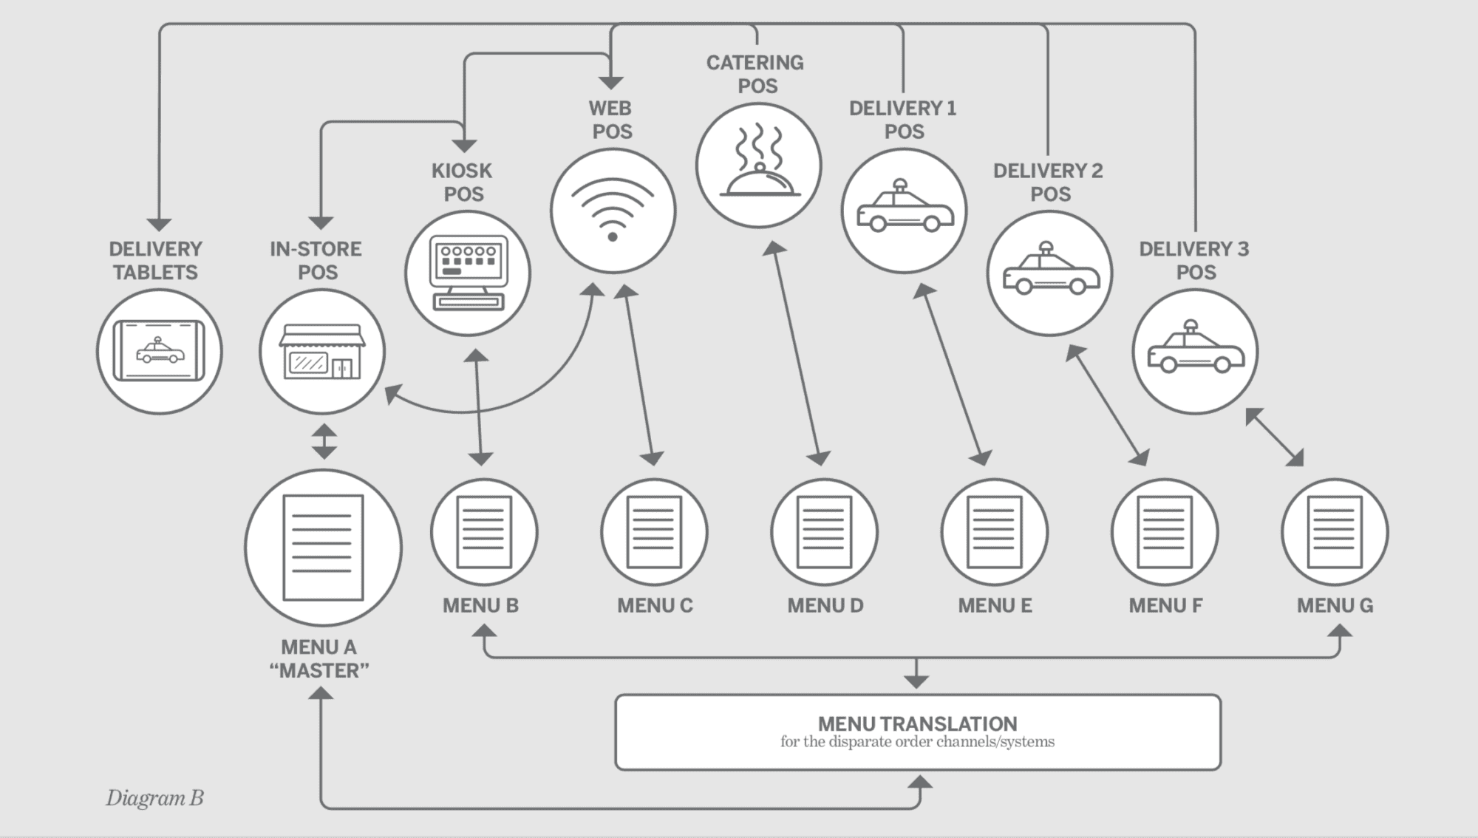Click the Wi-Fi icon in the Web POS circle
[x=613, y=211]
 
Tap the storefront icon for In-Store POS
[x=322, y=352]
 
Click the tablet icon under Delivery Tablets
[x=159, y=351]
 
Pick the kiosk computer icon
[x=468, y=273]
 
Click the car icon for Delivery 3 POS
[x=1195, y=351]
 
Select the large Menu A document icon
[x=324, y=548]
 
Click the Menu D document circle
[x=825, y=532]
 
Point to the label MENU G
[x=1335, y=606]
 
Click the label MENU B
[x=480, y=606]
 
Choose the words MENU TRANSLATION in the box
[x=917, y=723]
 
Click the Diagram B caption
[x=154, y=798]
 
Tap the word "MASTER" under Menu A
[x=319, y=671]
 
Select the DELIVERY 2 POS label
[x=1048, y=183]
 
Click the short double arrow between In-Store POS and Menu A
[x=324, y=441]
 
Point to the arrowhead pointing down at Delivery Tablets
[x=159, y=224]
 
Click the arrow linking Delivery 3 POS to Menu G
[x=1274, y=437]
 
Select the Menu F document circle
[x=1165, y=532]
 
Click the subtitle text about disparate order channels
[x=917, y=742]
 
